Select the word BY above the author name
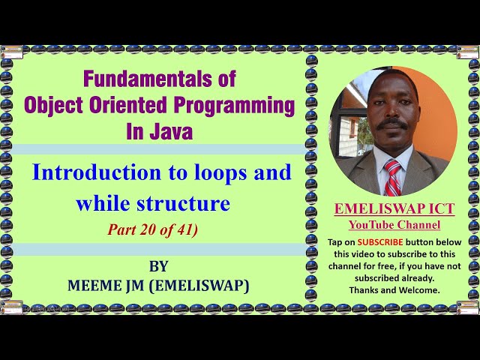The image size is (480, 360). (159, 266)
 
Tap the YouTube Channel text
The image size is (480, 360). (394, 225)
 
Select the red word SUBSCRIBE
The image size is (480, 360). (379, 242)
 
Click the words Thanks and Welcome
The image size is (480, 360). (394, 289)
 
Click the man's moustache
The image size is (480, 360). (391, 124)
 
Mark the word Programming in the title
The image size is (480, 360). (242, 105)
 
